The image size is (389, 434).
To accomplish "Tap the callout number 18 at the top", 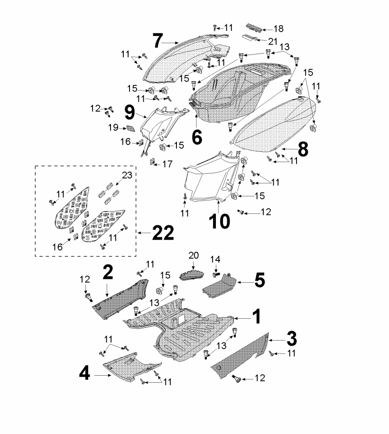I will [278, 29].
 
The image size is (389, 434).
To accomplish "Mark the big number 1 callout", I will [256, 316].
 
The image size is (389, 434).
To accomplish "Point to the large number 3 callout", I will [291, 338].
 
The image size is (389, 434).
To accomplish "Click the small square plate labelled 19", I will [130, 128].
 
